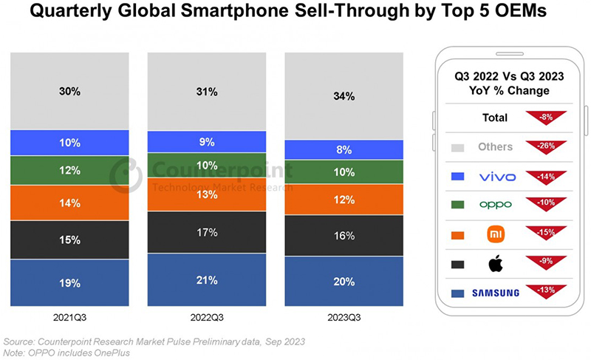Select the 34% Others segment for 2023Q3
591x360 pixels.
coord(344,96)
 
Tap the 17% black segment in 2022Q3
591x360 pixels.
coord(208,232)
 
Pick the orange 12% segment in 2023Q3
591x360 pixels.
coord(344,200)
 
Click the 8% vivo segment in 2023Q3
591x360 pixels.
coord(344,150)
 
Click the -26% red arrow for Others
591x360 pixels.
coord(546,146)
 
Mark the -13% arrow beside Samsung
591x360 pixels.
coord(546,291)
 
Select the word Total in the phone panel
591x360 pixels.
coord(495,118)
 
